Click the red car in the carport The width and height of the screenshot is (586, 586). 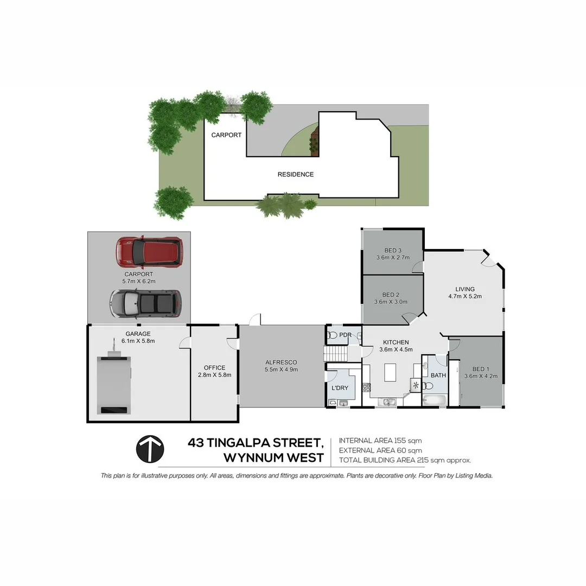pos(149,252)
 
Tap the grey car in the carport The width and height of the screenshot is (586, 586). pos(145,303)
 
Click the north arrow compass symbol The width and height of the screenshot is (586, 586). pos(150,449)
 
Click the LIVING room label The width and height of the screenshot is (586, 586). pos(465,289)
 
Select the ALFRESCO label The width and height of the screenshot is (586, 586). pos(281,362)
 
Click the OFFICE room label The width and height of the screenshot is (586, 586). pos(214,368)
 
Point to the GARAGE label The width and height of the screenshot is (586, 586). pos(138,334)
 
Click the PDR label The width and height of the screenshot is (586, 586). pos(345,335)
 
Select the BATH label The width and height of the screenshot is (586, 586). pos(438,375)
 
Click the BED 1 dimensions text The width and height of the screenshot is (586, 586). pos(477,377)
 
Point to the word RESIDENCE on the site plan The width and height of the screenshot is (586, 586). pos(296,174)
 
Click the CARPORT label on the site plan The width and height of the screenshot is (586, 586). pos(226,135)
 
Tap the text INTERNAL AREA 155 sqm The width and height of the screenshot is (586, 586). pos(380,441)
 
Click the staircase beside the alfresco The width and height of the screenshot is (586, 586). pos(335,354)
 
